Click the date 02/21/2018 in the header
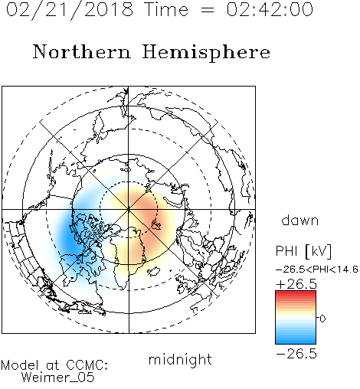pyautogui.click(x=70, y=10)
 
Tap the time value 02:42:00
pyautogui.click(x=270, y=9)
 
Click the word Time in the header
pyautogui.click(x=166, y=9)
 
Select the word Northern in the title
pyautogui.click(x=82, y=51)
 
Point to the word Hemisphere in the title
pyautogui.click(x=206, y=53)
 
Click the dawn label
pyautogui.click(x=300, y=221)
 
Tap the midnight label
pyautogui.click(x=180, y=359)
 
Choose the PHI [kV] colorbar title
pyautogui.click(x=303, y=251)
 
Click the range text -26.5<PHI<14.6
pyautogui.click(x=316, y=270)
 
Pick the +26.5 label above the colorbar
pyautogui.click(x=296, y=284)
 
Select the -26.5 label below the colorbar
pyautogui.click(x=296, y=354)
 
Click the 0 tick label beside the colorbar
pyautogui.click(x=322, y=319)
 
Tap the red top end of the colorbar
pyautogui.click(x=296, y=293)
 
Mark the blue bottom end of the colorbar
pyautogui.click(x=296, y=342)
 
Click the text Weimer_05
pyautogui.click(x=58, y=378)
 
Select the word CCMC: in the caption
pyautogui.click(x=87, y=365)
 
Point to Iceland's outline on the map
pyautogui.click(x=154, y=271)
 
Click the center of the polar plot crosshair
pyautogui.click(x=129, y=210)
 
